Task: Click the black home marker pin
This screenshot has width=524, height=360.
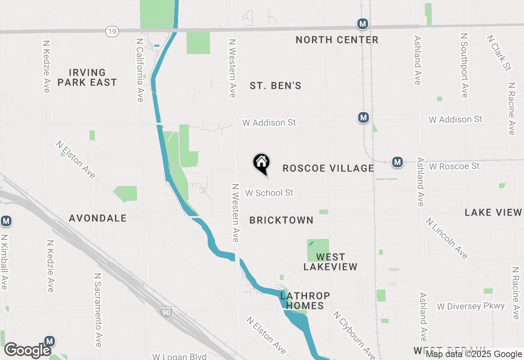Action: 262,163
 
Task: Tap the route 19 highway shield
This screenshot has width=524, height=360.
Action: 112,31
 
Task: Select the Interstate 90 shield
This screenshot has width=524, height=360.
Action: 165,313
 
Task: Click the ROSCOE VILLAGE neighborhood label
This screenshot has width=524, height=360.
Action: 328,168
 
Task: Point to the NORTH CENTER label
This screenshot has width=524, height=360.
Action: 337,40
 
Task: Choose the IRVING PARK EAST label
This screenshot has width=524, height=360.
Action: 87,77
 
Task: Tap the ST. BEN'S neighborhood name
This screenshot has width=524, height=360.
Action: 276,85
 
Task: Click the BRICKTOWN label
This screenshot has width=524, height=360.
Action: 281,220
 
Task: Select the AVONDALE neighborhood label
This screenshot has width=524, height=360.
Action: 98,218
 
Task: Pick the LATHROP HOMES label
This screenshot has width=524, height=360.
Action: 305,301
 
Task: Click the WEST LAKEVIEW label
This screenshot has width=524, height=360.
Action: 330,262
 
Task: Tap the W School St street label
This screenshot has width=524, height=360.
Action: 269,193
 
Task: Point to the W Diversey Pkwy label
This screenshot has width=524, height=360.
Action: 471,306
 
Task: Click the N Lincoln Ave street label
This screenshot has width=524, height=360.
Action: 447,238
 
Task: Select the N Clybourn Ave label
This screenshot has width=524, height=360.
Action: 354,334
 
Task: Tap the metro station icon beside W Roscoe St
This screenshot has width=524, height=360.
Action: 397,162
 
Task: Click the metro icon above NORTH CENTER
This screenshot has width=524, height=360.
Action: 362,24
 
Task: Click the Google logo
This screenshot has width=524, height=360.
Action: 27,350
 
